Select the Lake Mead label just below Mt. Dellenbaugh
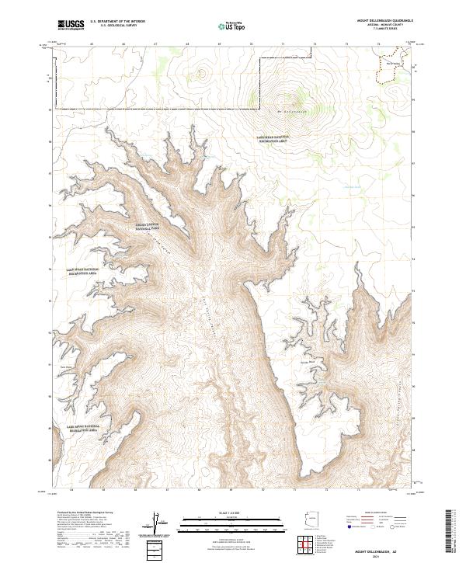(x=273, y=139)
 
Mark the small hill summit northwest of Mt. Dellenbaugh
(x=203, y=75)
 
